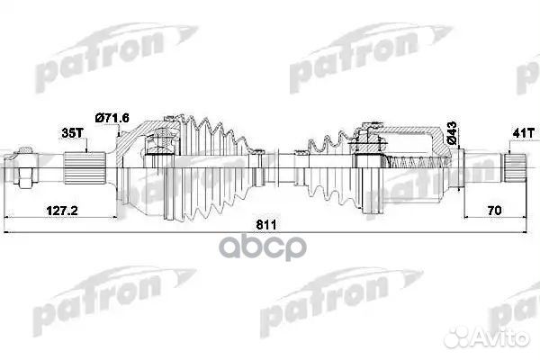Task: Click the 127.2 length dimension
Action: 60,211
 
